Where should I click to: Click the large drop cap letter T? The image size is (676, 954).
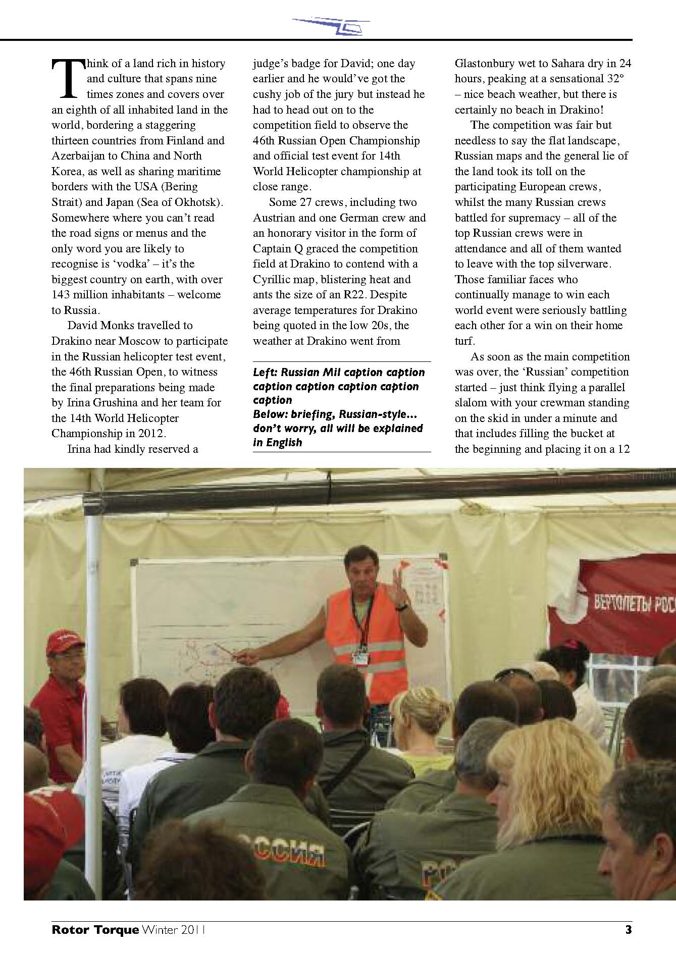click(x=67, y=78)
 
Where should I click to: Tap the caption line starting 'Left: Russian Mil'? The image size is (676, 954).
click(x=339, y=373)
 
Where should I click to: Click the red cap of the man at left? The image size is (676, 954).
click(x=64, y=643)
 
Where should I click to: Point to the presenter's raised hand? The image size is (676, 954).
click(x=401, y=587)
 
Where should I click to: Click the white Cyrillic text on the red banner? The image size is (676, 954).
click(x=634, y=604)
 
